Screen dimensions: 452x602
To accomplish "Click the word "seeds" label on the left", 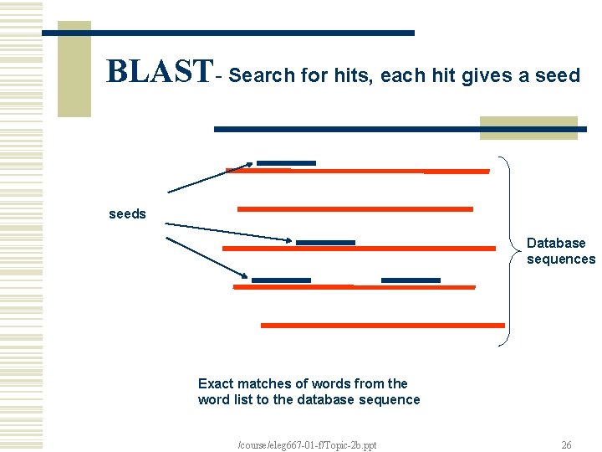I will (x=127, y=214).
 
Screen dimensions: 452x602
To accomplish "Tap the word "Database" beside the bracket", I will (x=556, y=244).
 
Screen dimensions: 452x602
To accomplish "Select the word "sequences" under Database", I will (x=561, y=259).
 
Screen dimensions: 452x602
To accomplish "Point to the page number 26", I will (x=566, y=445).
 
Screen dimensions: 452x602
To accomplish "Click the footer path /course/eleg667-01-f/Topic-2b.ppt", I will (x=308, y=445).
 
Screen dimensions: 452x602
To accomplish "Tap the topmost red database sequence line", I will (x=358, y=171).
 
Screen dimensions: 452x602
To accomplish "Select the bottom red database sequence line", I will (x=383, y=325).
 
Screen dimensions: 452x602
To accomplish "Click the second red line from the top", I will (x=355, y=208).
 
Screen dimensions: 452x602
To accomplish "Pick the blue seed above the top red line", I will (x=286, y=162).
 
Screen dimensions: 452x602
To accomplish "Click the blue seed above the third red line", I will (x=325, y=243).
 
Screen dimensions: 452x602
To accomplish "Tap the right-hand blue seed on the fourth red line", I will (x=411, y=280).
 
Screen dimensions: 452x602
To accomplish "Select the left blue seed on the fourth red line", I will (x=281, y=280).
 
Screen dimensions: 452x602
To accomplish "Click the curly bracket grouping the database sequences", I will (x=507, y=250).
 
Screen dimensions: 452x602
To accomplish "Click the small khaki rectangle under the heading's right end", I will (x=528, y=128).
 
